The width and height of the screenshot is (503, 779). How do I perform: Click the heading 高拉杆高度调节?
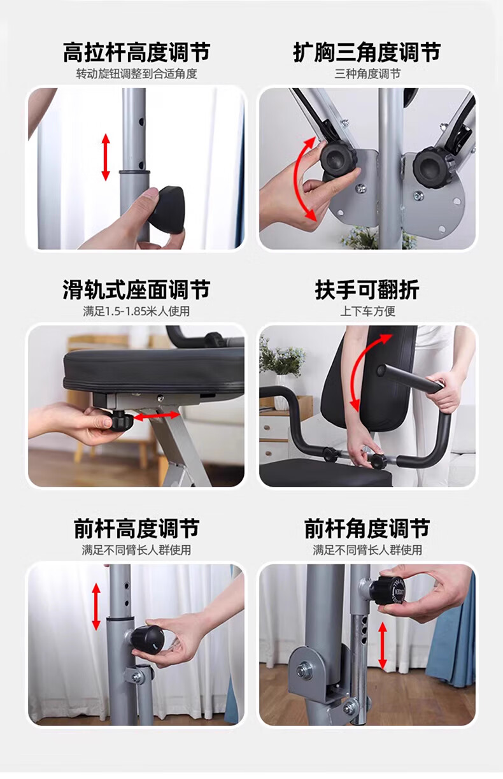136,52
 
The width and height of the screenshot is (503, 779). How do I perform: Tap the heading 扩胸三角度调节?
367,52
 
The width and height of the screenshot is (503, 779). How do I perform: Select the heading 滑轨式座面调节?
136,290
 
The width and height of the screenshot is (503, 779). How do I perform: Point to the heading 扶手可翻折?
367,290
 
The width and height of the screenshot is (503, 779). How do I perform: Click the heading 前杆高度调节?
136,528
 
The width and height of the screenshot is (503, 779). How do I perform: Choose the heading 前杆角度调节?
367,528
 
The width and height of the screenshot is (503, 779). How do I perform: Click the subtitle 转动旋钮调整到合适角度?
137,74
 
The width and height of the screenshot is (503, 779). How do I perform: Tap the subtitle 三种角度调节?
367,74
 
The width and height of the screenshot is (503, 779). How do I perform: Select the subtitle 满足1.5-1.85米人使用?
136,311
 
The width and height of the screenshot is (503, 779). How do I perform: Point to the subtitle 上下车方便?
367,311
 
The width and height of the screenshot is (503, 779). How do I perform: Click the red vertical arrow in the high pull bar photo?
106,157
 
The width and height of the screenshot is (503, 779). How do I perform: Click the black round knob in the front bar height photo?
147,639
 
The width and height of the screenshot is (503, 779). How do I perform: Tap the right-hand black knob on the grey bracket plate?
431,168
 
